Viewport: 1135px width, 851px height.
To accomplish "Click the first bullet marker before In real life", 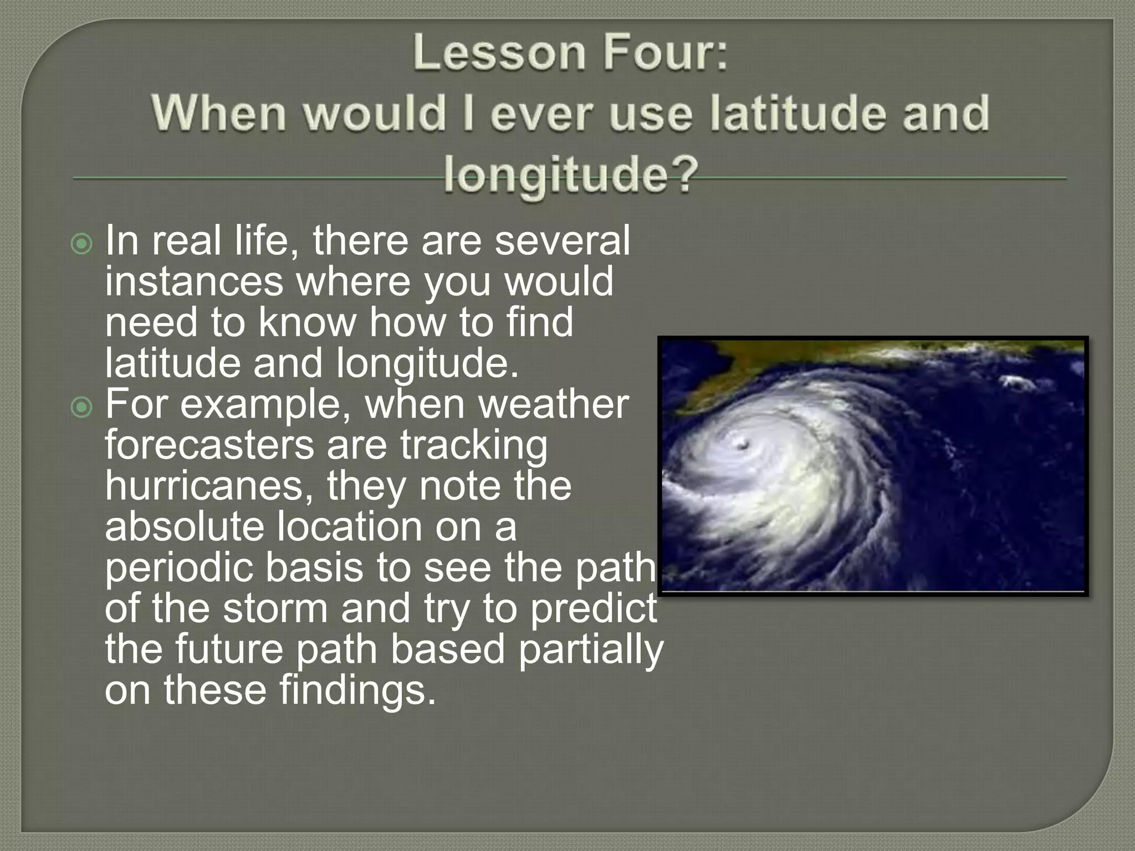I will [x=82, y=244].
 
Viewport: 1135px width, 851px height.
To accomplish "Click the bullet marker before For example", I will [x=82, y=408].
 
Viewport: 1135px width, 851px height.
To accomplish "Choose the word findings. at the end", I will [x=357, y=690].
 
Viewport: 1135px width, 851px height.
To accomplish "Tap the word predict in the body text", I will [x=593, y=608].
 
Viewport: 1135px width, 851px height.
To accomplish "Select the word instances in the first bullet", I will [x=194, y=281].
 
